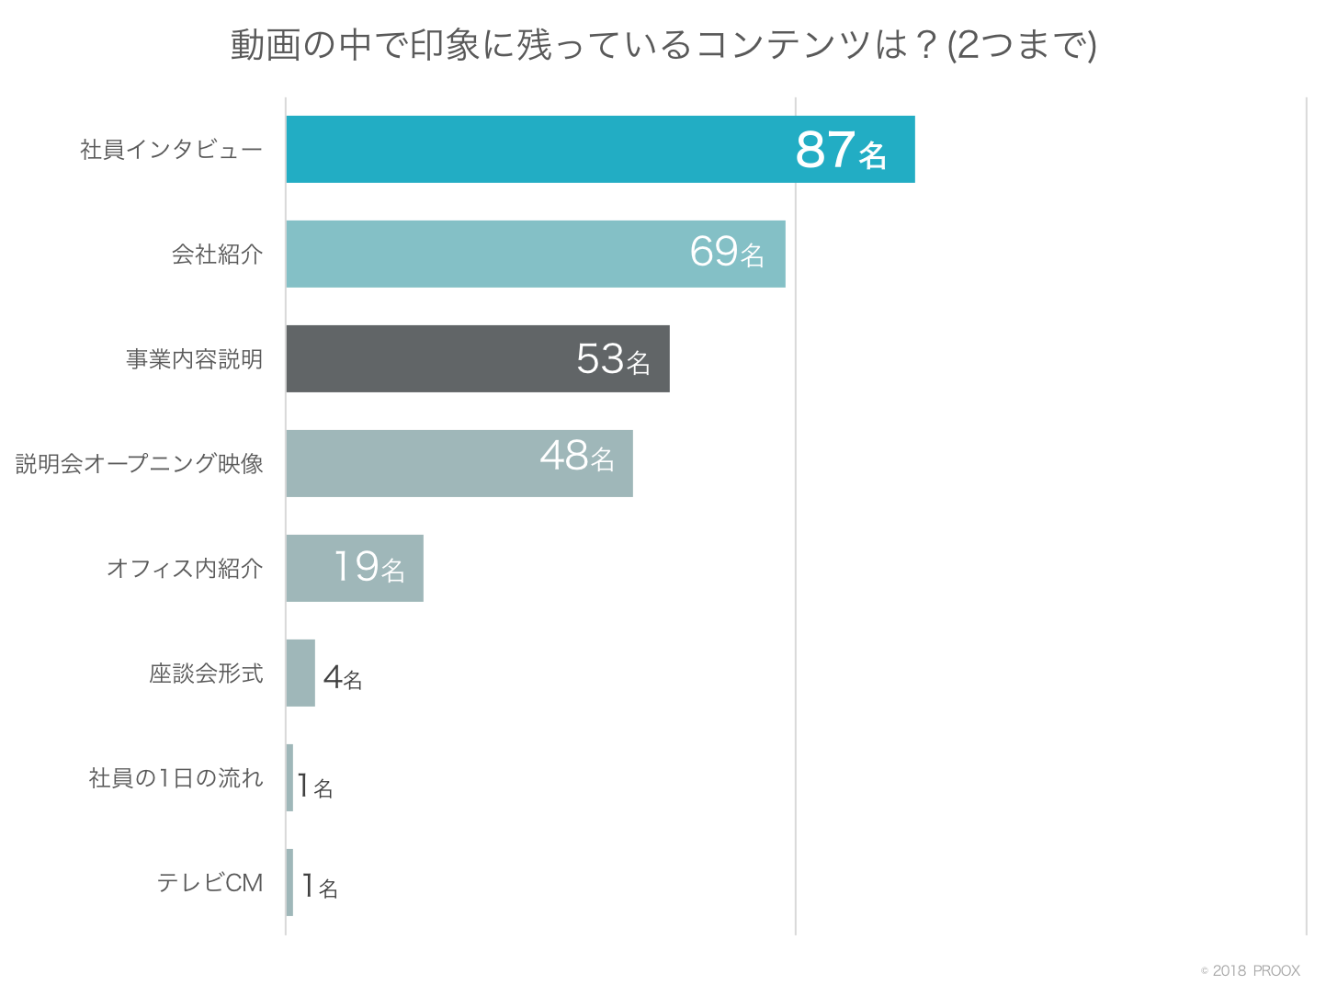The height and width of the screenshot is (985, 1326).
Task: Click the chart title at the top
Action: coord(663,45)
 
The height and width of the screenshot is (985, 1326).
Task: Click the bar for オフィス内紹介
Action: coord(309,568)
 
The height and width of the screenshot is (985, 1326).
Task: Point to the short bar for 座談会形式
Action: coord(300,673)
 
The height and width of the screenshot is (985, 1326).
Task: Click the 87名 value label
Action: coord(841,150)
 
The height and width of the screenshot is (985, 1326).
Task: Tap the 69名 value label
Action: coord(727,252)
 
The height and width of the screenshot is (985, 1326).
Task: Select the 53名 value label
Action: coord(613,359)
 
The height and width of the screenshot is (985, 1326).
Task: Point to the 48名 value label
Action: coord(577,456)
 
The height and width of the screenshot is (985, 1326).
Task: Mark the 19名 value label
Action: coord(368,567)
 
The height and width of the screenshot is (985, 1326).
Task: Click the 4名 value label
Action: coord(343,678)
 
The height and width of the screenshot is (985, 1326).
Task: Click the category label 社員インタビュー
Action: coord(172,150)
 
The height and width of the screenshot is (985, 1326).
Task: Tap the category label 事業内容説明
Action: coord(195,359)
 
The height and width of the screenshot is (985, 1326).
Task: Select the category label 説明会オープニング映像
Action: coord(140,464)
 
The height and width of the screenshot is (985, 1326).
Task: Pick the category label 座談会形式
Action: coord(207,674)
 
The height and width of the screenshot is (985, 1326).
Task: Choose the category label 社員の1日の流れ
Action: coord(176,778)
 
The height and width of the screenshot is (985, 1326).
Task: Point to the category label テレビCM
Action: coord(210,883)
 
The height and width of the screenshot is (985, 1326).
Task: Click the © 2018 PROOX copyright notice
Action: coord(1251,970)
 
